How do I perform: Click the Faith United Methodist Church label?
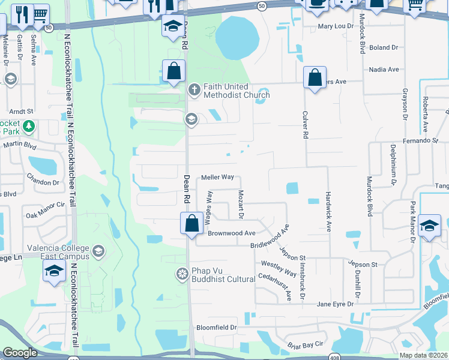[x=237, y=91]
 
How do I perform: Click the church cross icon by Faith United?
[x=194, y=90]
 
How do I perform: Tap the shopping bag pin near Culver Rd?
[x=315, y=77]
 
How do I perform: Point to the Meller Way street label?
[x=217, y=178]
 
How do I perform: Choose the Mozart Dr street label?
[x=241, y=204]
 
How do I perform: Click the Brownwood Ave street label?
[x=232, y=233]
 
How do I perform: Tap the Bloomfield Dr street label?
[x=217, y=328]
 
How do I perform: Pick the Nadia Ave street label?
[x=385, y=70]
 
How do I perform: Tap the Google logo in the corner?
[x=19, y=353]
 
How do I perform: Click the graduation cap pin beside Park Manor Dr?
[x=429, y=226]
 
